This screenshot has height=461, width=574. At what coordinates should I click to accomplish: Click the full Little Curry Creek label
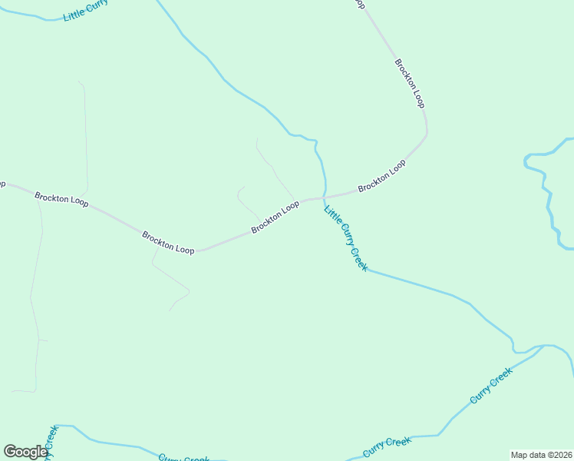click(346, 238)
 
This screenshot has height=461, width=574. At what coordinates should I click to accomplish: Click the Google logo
click(25, 452)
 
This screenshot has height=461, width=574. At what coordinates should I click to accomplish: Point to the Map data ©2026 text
click(541, 455)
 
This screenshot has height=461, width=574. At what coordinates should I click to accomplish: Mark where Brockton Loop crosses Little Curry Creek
click(324, 197)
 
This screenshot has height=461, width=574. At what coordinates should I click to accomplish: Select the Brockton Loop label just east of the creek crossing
click(381, 176)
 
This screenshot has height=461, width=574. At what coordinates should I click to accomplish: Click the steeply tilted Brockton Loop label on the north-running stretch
click(410, 83)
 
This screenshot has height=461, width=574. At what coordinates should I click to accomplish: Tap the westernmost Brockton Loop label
click(61, 200)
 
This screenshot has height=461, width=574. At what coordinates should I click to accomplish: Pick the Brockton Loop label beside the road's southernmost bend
click(168, 242)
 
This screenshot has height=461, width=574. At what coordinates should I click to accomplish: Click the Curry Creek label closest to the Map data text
click(491, 386)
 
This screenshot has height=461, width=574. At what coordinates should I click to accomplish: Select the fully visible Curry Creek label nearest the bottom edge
click(388, 446)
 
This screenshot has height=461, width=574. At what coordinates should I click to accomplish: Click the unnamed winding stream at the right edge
click(548, 192)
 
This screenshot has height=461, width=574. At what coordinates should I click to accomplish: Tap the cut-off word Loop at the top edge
click(358, 5)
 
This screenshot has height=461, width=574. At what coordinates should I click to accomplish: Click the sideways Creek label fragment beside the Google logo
click(51, 442)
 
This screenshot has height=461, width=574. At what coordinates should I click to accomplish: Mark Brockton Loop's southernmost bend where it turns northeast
click(198, 250)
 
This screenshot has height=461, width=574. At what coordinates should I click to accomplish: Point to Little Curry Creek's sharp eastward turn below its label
click(366, 270)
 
